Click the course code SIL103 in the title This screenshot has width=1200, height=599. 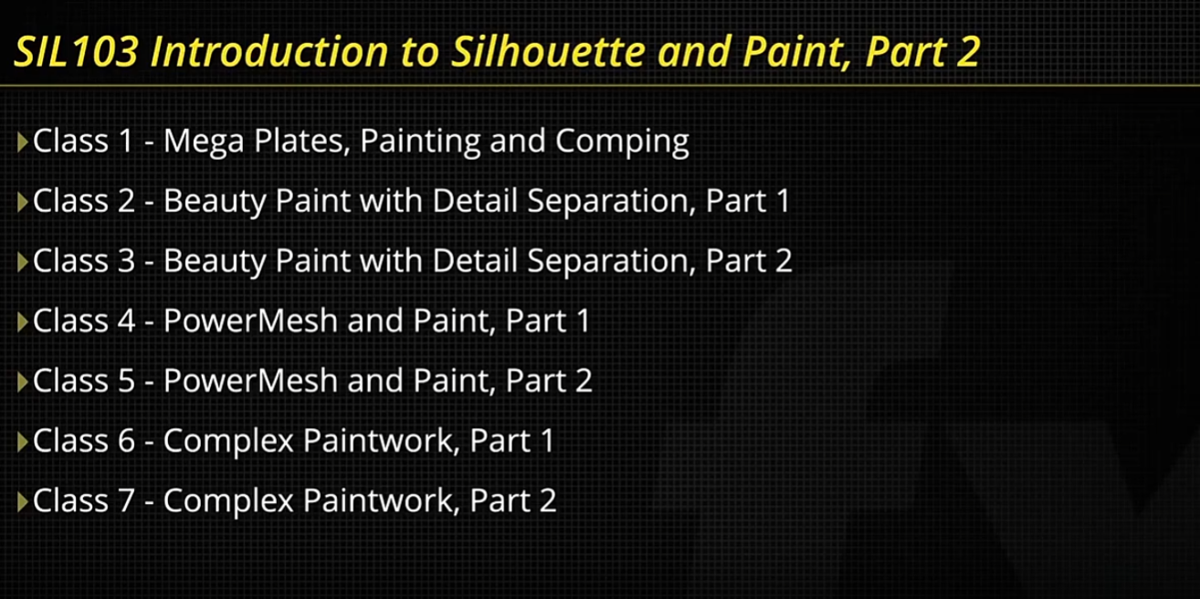pos(77,51)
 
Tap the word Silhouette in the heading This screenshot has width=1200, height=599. pos(548,51)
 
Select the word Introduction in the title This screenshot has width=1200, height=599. pos(269,51)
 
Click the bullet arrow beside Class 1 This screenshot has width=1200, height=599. pos(23,142)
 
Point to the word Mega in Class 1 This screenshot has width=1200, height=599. pos(204,142)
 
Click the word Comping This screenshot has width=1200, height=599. pos(622,142)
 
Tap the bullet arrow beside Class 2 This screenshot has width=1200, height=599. pos(23,203)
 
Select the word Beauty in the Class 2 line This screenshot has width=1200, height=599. pos(215,202)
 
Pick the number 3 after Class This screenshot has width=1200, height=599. pos(126,261)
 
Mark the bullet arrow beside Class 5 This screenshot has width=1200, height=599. pos(23,383)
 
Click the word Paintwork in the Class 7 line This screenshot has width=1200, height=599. pos(382,501)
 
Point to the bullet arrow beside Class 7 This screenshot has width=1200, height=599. pos(23,502)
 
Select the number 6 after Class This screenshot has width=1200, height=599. pos(126,441)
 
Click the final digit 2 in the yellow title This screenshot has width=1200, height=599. pos(967,52)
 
